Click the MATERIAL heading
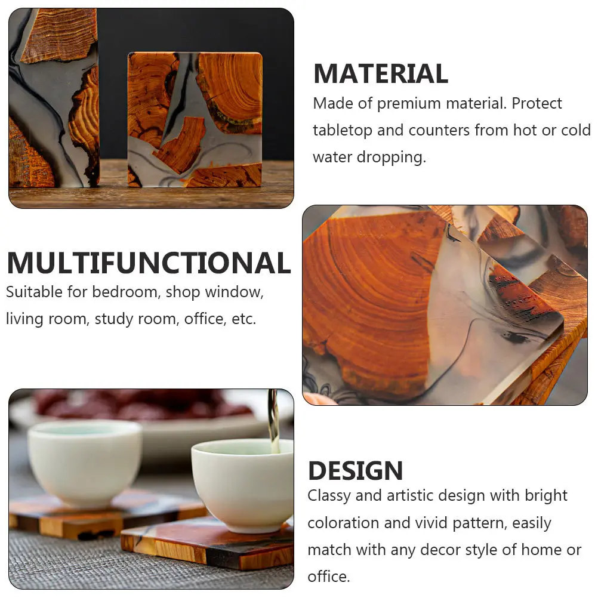380,74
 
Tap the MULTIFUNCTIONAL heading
149,263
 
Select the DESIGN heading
355,471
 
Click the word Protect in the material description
537,103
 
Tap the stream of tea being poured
273,421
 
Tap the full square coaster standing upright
195,119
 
